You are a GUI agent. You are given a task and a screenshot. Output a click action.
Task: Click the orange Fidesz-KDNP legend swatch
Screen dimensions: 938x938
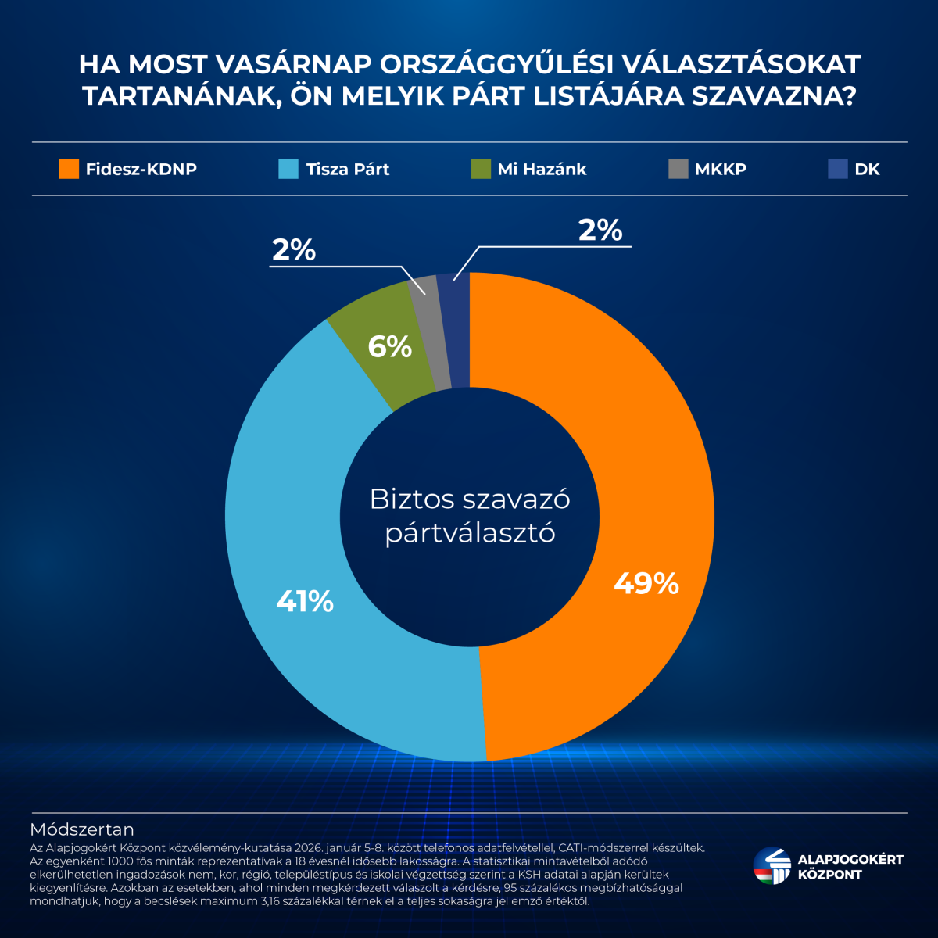(x=69, y=169)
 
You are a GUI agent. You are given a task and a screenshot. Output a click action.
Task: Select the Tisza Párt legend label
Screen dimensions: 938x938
(x=347, y=169)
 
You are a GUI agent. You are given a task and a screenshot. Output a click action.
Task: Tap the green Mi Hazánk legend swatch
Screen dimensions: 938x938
(x=481, y=169)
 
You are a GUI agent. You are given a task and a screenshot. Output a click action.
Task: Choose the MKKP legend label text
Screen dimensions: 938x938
(x=720, y=169)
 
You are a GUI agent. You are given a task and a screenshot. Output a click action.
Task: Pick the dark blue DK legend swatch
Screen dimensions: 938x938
(x=838, y=169)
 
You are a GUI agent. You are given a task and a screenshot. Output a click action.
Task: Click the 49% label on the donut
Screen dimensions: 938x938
(x=646, y=583)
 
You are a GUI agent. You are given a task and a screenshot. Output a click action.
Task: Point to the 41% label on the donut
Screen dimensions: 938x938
(x=305, y=601)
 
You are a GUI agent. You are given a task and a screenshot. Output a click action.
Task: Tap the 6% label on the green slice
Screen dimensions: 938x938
(x=390, y=346)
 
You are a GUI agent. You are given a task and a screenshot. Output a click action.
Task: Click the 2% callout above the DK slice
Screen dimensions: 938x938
(x=600, y=231)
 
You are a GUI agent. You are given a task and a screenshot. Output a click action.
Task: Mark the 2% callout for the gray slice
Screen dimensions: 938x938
(x=294, y=250)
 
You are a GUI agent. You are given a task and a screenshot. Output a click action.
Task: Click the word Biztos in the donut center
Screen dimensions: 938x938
(x=411, y=499)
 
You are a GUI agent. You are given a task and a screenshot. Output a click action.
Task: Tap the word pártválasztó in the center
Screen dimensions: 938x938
(x=470, y=533)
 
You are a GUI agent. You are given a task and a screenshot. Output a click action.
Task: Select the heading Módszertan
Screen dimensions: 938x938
(x=82, y=829)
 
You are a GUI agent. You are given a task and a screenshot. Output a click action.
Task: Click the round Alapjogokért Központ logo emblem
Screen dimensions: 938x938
(x=772, y=866)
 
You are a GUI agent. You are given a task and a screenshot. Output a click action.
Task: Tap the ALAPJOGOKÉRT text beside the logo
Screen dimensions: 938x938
(x=850, y=860)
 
